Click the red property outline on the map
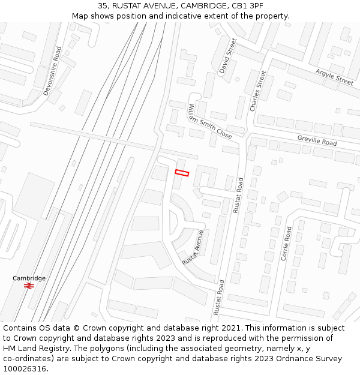182,173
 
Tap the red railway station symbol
28,286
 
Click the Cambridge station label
29,278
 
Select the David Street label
228,56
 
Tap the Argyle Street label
334,77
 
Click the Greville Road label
317,141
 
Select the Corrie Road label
286,243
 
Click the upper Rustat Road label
239,195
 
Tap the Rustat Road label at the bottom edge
219,298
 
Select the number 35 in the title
103,5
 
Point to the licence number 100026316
24,368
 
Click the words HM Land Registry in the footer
33,348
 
